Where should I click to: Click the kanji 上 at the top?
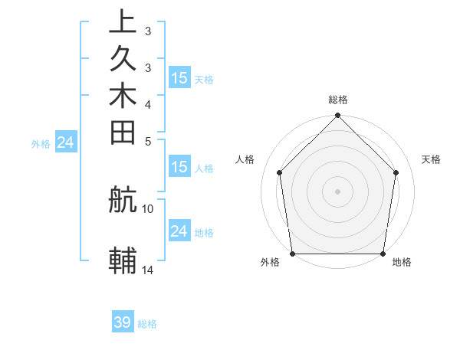[x=123, y=22]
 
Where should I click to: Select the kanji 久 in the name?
[x=123, y=59]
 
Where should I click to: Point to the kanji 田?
[x=123, y=133]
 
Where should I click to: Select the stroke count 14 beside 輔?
[x=148, y=269]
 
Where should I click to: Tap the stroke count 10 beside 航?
[x=148, y=208]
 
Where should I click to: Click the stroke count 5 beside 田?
[x=148, y=140]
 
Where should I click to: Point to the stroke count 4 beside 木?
[x=148, y=103]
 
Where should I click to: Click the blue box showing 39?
[x=123, y=322]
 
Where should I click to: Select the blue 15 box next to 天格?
[x=179, y=77]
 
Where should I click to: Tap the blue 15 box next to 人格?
[x=179, y=167]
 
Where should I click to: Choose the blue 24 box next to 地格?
[x=179, y=231]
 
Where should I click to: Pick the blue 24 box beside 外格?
[x=66, y=142]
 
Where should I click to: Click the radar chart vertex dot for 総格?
[x=337, y=116]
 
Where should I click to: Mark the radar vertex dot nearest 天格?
[x=396, y=172]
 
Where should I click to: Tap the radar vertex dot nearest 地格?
[x=383, y=254]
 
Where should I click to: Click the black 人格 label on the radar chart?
[x=245, y=159]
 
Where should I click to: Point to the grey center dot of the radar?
[x=337, y=191]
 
